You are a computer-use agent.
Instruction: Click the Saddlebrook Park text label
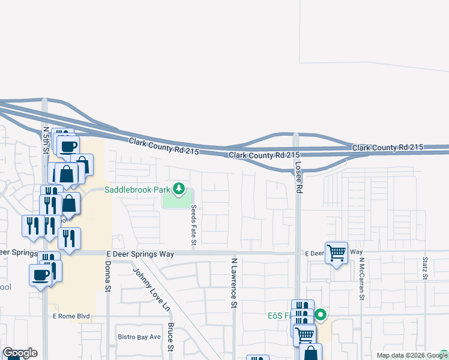point(138,190)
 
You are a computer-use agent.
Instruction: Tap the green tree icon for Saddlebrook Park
point(179,190)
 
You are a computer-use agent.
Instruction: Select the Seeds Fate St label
point(194,226)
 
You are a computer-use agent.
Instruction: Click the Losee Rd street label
point(298,172)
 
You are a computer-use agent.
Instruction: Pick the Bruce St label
point(171,337)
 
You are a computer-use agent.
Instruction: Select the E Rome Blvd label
point(71,316)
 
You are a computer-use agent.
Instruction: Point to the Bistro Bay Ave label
point(139,337)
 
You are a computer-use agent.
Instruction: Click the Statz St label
point(424,268)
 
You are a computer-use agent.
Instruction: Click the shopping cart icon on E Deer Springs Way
point(336,253)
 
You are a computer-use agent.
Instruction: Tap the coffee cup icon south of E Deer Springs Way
point(41,275)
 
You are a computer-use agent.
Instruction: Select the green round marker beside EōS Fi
point(321,314)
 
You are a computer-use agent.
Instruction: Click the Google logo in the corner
point(19,353)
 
